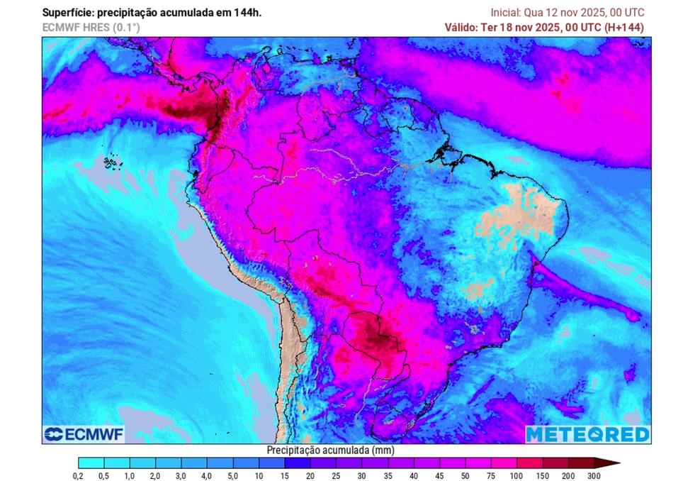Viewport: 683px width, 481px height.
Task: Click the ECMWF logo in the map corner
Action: [73, 433]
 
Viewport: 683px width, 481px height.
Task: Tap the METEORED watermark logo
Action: [587, 433]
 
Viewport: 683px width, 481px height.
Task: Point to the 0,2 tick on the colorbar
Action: [79, 476]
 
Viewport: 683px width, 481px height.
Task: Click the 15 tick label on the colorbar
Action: [284, 476]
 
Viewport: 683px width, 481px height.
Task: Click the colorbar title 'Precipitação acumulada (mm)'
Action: [330, 450]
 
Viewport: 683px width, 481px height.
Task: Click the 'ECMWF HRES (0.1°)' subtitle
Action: [91, 27]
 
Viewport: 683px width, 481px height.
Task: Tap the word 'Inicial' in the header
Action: [505, 13]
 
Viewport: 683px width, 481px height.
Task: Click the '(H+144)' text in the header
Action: [623, 27]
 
